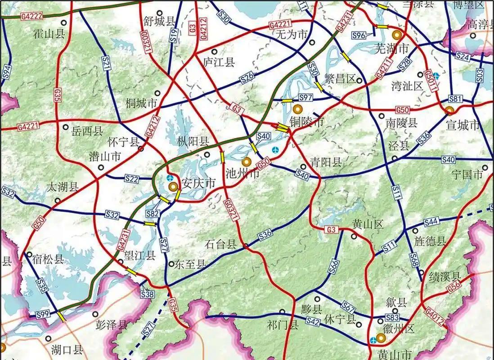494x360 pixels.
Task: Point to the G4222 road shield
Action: (x=31, y=16)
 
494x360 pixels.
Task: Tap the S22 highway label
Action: (x=132, y=179)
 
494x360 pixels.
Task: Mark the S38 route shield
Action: (x=147, y=294)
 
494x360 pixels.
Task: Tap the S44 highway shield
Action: (x=431, y=221)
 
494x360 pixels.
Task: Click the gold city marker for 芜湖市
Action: (x=397, y=35)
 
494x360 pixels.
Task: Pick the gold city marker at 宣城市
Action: (x=449, y=110)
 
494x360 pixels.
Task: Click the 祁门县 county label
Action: (x=282, y=324)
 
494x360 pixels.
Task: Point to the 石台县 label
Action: (x=220, y=244)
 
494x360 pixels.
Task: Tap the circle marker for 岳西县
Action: (x=66, y=127)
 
